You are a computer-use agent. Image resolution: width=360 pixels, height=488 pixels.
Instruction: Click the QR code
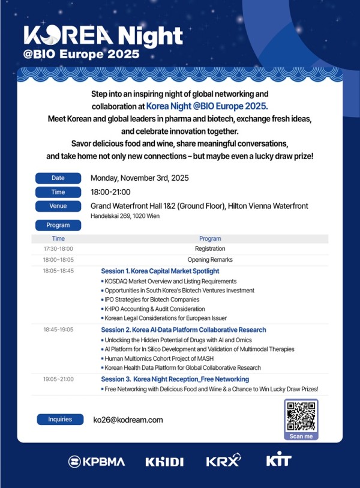click(301, 415)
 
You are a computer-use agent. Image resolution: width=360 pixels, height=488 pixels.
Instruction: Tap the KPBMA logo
click(97, 462)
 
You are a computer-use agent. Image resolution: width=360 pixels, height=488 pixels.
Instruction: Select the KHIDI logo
click(164, 462)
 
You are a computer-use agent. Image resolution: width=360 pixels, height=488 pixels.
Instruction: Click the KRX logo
click(223, 461)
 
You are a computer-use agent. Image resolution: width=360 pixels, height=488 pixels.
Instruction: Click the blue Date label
click(58, 178)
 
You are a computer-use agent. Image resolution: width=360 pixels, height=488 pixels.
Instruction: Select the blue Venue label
click(58, 206)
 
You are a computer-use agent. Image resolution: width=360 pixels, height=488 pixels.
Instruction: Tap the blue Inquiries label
click(59, 420)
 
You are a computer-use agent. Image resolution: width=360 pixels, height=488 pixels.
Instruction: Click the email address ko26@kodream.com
click(128, 420)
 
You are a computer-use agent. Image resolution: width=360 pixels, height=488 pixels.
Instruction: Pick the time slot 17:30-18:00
click(58, 249)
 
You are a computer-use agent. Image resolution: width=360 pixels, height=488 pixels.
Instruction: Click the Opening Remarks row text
click(210, 260)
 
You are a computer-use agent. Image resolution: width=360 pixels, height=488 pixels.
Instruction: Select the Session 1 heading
click(160, 271)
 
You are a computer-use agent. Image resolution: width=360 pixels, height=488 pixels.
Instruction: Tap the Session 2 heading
click(184, 330)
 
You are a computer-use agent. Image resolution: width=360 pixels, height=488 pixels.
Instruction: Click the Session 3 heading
click(175, 379)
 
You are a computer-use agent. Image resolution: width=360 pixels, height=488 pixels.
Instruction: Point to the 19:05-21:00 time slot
click(58, 379)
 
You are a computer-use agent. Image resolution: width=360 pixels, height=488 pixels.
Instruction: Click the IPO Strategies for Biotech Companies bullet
click(152, 299)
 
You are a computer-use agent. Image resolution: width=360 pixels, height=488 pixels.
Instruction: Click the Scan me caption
click(301, 436)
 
